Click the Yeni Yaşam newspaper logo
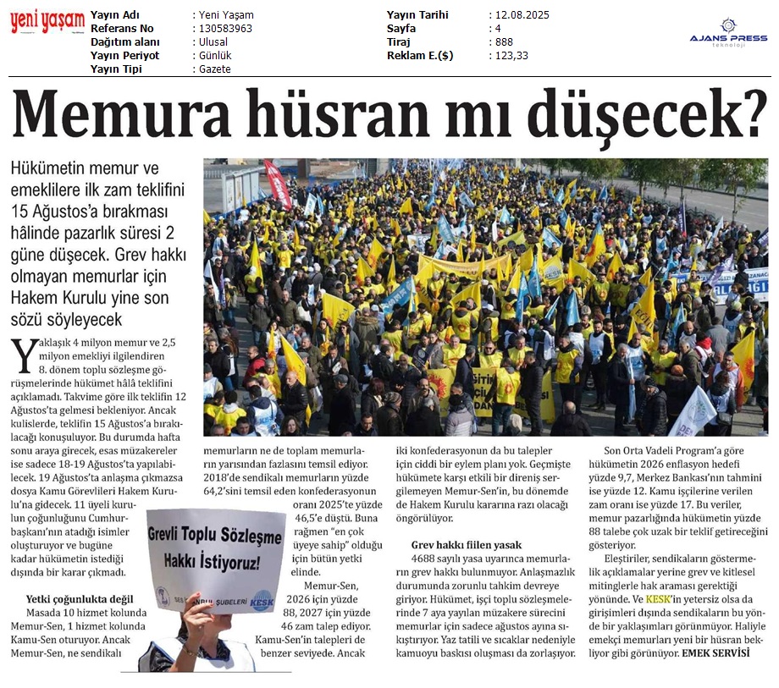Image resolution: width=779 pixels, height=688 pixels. click(x=47, y=22)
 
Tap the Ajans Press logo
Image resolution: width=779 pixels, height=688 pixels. click(x=728, y=34)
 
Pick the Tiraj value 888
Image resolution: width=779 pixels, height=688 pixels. click(x=504, y=42)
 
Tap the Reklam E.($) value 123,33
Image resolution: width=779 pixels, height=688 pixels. click(x=511, y=56)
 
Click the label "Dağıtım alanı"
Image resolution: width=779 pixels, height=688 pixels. click(x=124, y=42)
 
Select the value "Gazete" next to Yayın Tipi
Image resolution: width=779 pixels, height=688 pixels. click(x=215, y=69)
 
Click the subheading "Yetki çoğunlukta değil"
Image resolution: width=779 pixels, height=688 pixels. click(x=81, y=599)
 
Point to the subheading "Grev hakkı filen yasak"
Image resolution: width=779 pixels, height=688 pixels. click(x=467, y=545)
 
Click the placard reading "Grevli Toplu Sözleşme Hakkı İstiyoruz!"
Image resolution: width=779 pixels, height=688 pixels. click(x=216, y=549)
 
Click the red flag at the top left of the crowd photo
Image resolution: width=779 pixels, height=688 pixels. click(x=278, y=182)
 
